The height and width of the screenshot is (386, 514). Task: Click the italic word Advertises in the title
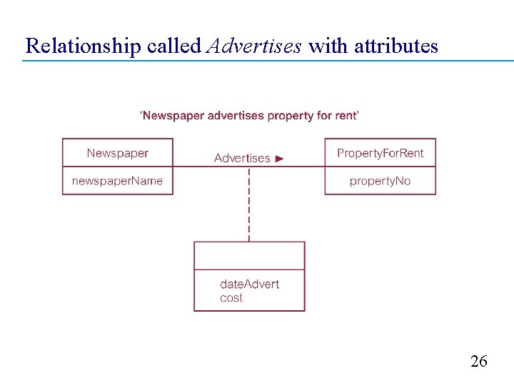click(253, 46)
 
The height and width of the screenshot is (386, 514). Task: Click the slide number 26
click(479, 362)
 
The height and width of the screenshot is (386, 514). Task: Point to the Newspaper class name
click(118, 153)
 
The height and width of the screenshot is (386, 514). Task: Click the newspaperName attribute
click(118, 181)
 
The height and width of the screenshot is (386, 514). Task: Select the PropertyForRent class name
click(381, 153)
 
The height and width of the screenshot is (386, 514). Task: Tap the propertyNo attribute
click(381, 181)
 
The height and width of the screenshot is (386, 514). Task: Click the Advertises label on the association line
click(242, 158)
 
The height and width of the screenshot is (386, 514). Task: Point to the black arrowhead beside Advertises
click(279, 158)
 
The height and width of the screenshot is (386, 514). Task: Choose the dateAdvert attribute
click(250, 284)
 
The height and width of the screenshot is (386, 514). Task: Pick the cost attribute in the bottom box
click(231, 298)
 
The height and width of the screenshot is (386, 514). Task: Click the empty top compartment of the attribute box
click(249, 255)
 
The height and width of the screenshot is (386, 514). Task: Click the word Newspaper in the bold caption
click(173, 115)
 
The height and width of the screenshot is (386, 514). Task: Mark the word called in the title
click(173, 46)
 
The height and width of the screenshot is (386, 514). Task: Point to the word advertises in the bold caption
click(235, 115)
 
